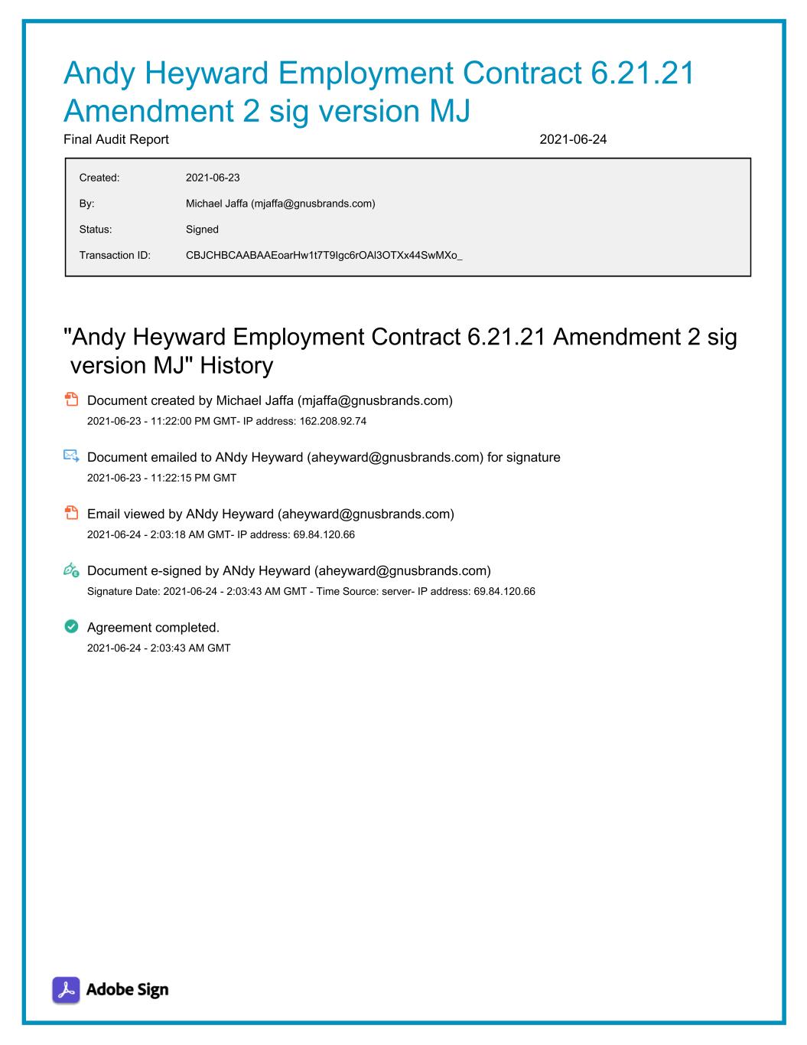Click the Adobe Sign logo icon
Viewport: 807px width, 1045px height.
(x=66, y=990)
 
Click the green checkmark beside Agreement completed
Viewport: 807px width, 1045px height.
(x=71, y=627)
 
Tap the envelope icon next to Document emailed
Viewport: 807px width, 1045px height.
(x=71, y=456)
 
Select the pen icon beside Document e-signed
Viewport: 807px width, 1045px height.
(x=71, y=570)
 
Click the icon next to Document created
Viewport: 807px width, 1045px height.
(x=71, y=400)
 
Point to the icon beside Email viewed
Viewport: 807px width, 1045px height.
(x=71, y=513)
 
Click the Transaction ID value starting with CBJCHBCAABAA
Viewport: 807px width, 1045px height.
(x=324, y=255)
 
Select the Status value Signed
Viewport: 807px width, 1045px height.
(x=202, y=229)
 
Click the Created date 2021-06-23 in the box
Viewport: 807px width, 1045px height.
(x=213, y=178)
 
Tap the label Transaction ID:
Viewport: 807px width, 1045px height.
(x=115, y=255)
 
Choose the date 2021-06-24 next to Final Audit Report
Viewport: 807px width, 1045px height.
(x=573, y=139)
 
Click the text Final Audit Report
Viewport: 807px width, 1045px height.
(x=116, y=139)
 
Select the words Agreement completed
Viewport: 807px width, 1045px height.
(x=153, y=627)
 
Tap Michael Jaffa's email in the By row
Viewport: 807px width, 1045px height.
(x=313, y=204)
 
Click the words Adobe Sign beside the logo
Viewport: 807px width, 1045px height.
(x=127, y=990)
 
